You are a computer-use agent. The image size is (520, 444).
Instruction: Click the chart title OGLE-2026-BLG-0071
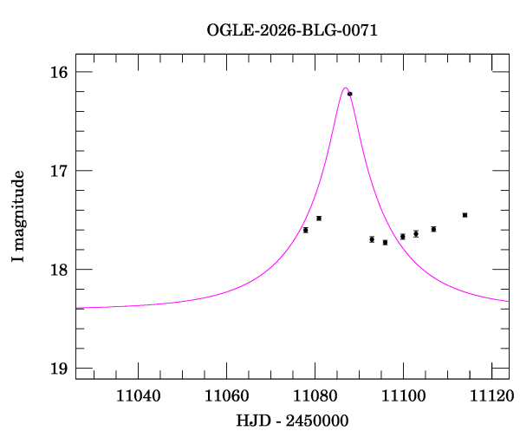tap(292, 29)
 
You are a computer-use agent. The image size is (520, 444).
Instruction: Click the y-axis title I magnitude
tap(18, 217)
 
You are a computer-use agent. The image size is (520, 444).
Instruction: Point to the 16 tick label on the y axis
tap(58, 72)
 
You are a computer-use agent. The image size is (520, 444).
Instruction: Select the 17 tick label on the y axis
tap(58, 171)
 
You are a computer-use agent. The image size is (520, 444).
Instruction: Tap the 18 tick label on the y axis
tap(58, 270)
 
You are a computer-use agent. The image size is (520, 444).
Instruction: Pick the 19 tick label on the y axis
tap(58, 369)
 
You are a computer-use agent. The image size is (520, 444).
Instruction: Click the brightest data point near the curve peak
tap(350, 94)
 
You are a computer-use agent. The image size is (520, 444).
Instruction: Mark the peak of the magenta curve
tap(345, 88)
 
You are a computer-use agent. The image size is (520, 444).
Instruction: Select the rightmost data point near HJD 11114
tap(465, 215)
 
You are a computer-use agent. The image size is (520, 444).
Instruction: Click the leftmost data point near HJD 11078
tap(305, 230)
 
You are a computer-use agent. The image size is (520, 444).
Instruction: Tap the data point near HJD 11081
tap(319, 219)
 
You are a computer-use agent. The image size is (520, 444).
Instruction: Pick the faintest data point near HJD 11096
tap(385, 243)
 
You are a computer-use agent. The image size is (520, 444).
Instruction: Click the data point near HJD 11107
tap(433, 229)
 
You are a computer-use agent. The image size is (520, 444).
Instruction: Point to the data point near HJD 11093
tap(372, 239)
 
